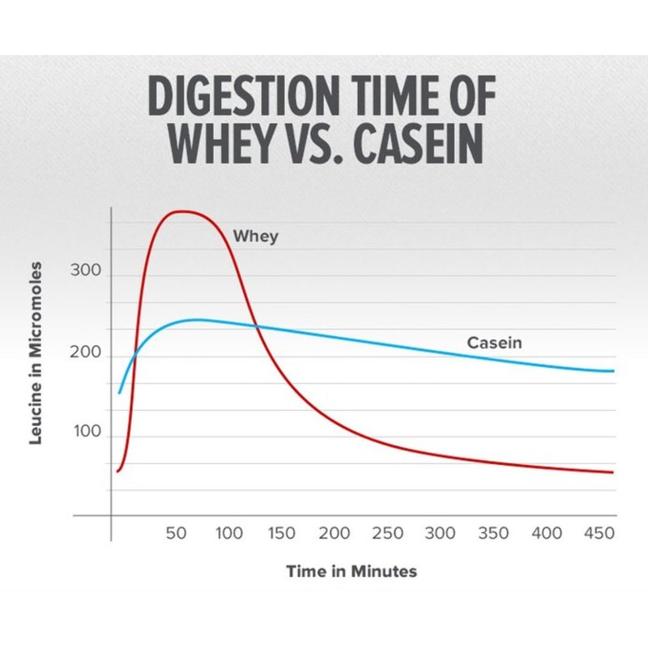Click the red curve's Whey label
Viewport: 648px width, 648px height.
pos(255,237)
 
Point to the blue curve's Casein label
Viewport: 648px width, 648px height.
pos(494,343)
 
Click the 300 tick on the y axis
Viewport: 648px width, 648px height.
pos(85,271)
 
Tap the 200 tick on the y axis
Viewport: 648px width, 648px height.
pos(85,354)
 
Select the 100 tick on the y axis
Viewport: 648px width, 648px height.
pos(85,433)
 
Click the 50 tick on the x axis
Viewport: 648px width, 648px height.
pos(177,534)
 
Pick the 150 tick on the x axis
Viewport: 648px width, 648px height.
pos(282,534)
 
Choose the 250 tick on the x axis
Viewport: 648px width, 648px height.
pos(387,534)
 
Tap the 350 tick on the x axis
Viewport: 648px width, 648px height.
pos(493,534)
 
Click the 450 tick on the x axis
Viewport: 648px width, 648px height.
pos(599,534)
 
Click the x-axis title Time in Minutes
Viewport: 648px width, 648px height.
pos(352,572)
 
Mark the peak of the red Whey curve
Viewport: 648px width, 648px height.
pos(185,212)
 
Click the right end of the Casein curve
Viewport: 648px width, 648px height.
pos(613,371)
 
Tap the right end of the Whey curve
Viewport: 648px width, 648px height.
pos(613,472)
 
